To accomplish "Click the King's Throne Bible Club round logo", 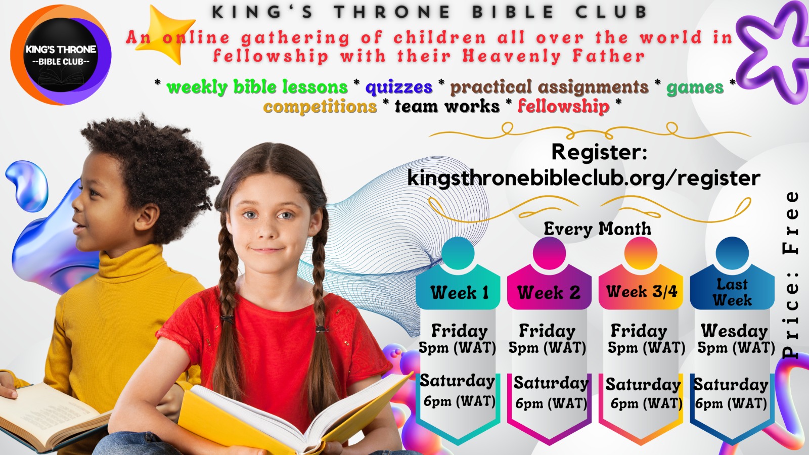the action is tap(61, 55).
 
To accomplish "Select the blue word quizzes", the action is tap(399, 87).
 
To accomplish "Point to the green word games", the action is tap(695, 87).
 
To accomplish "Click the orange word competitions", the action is tap(320, 107).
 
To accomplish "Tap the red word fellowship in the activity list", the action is tap(563, 106).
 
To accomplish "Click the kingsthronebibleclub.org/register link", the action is tap(584, 178).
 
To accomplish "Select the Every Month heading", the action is tap(597, 229).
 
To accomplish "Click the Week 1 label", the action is tap(460, 292).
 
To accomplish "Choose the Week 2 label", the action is tap(549, 292).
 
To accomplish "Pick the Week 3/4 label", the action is tap(642, 291).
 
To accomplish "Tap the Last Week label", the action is tap(732, 292).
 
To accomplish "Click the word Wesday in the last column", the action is tap(734, 331).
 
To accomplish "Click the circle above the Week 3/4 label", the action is tap(641, 253).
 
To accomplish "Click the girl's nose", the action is tap(268, 231).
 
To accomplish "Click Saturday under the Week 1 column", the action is tap(457, 381).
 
